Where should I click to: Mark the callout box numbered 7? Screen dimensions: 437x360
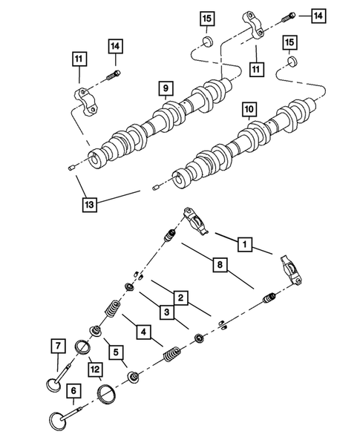pyautogui.click(x=55, y=346)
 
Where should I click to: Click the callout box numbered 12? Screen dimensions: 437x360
pyautogui.click(x=94, y=366)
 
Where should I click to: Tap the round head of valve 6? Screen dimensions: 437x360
pyautogui.click(x=58, y=420)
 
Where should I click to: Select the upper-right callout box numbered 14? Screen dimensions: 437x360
pyautogui.click(x=318, y=15)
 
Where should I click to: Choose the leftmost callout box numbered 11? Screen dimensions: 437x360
pyautogui.click(x=78, y=58)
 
